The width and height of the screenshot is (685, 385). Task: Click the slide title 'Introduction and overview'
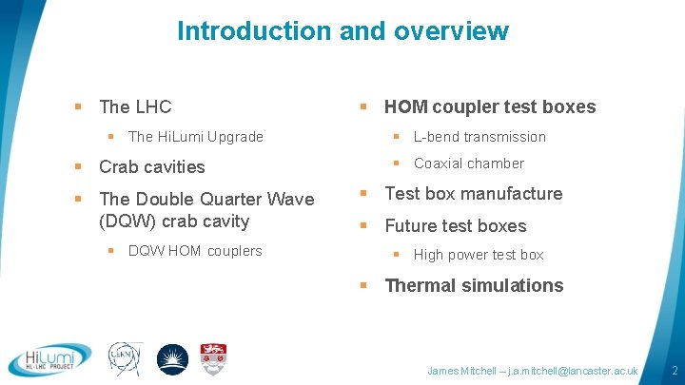[342, 30]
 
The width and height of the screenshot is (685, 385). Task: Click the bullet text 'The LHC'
[135, 106]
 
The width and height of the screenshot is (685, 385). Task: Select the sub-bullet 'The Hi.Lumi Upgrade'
[195, 137]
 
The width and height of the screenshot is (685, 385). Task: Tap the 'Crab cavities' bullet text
[152, 167]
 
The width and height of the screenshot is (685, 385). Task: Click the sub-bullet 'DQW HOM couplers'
[195, 251]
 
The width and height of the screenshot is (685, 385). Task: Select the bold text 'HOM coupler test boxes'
[490, 106]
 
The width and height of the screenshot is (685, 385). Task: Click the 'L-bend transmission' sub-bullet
[479, 137]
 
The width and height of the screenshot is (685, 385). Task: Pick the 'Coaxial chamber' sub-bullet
[468, 164]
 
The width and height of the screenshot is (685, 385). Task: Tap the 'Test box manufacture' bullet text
[473, 194]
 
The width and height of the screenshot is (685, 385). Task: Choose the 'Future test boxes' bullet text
[455, 226]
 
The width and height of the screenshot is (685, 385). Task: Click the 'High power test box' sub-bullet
[479, 255]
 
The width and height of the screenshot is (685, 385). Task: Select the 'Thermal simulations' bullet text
[474, 285]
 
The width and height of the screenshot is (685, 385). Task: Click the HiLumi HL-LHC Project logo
[49, 359]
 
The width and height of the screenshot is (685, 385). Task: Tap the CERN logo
[126, 359]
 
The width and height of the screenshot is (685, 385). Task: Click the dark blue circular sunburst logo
[172, 359]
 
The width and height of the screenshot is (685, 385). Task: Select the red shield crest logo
[213, 358]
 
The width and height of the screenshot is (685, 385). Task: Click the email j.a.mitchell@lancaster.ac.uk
[574, 370]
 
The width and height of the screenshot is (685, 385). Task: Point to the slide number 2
[674, 369]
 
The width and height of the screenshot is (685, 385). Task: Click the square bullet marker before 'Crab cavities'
[79, 167]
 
